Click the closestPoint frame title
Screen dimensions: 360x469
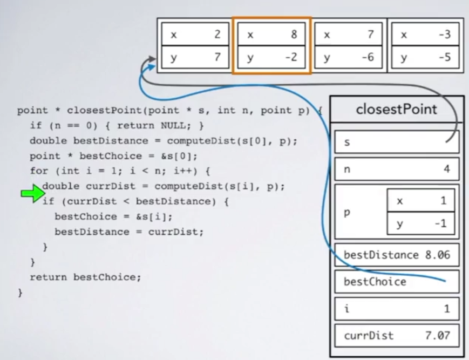(x=397, y=110)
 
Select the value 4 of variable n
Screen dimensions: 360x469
(x=446, y=169)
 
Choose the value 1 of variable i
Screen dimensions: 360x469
(x=446, y=309)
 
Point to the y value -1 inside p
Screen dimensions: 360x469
(x=443, y=223)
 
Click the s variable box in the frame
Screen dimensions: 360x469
(x=396, y=142)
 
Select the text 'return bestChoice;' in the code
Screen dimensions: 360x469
(x=85, y=277)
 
